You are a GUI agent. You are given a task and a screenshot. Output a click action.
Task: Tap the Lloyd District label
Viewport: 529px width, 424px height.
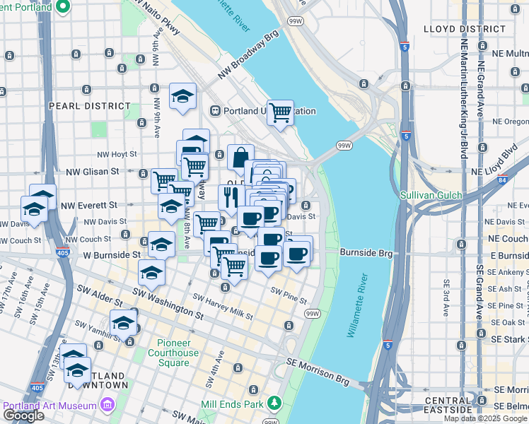click(x=464, y=29)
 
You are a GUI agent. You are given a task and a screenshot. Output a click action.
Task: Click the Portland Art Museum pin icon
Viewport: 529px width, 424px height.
click(x=107, y=405)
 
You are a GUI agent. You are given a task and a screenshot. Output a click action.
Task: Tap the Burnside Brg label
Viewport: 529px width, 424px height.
click(x=366, y=252)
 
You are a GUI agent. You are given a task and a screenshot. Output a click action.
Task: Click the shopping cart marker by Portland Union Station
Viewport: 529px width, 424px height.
click(x=280, y=112)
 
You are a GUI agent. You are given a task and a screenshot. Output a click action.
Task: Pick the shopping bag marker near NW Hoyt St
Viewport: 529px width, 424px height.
click(x=240, y=157)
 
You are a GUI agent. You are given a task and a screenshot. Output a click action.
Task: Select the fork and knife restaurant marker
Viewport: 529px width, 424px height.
click(x=231, y=198)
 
